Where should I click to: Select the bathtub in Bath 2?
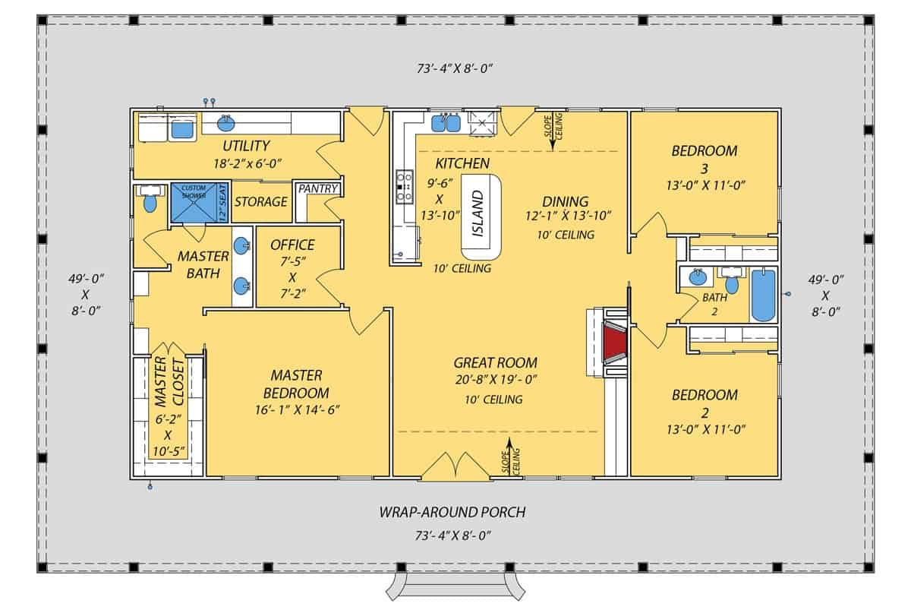764,295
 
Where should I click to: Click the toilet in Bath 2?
732,283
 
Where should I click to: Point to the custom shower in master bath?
194,202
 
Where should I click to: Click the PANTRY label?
317,188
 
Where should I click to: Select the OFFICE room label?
292,245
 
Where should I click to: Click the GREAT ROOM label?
495,363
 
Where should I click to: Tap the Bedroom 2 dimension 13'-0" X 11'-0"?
704,429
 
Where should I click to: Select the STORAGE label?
260,202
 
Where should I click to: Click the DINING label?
565,201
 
